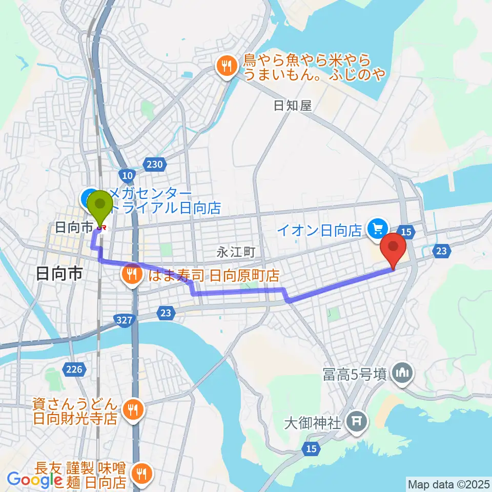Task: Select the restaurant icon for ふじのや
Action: coord(225,65)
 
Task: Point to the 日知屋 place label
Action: coord(292,106)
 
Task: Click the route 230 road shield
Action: coord(157,165)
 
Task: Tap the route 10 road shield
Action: coord(128,175)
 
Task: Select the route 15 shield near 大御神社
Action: coord(312,448)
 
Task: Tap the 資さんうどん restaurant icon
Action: coord(133,408)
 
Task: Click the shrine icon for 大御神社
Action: coord(355,422)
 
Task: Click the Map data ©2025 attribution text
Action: coord(447,484)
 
